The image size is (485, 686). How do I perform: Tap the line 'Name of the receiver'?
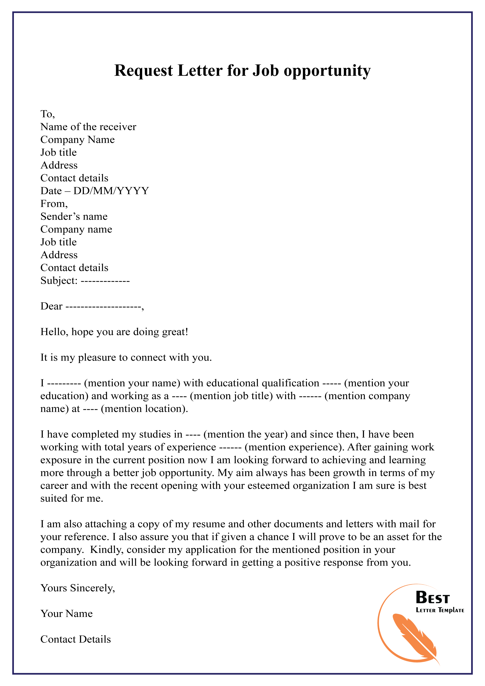(x=88, y=127)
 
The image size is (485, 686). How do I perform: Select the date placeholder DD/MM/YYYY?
(x=111, y=191)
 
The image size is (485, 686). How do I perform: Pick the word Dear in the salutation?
(x=51, y=306)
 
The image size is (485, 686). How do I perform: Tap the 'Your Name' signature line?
(x=66, y=613)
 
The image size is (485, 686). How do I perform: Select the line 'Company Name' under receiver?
(x=77, y=140)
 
